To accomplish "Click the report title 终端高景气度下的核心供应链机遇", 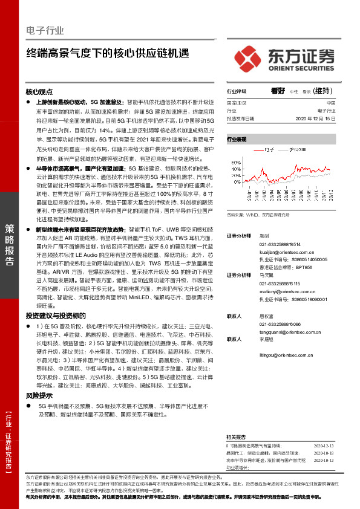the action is click(103, 53).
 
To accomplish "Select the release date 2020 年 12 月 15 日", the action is click(307, 119).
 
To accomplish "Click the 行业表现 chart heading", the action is click(237, 139).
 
